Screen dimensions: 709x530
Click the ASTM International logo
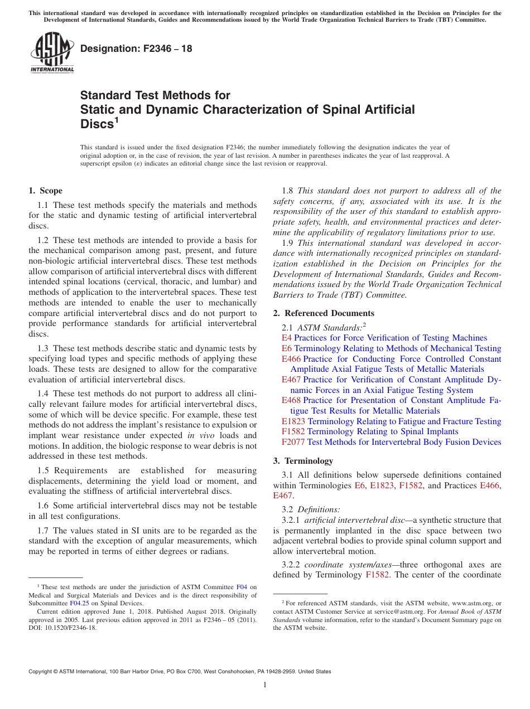tap(51, 52)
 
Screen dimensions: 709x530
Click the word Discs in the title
tap(97, 124)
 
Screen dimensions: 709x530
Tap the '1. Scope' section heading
tap(46, 191)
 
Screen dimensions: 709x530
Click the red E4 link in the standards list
tap(286, 338)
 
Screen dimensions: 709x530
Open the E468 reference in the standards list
tap(291, 400)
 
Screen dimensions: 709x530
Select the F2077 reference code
tap(293, 442)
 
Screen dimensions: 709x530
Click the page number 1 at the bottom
tap(265, 685)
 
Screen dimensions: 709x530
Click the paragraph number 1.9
tap(288, 243)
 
